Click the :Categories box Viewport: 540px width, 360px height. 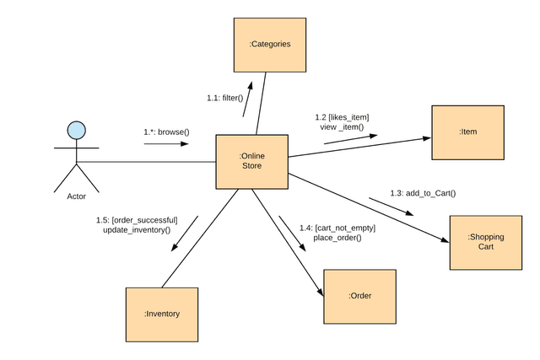(x=270, y=44)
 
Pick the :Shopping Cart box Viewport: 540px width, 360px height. (x=485, y=242)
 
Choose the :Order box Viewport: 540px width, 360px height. (x=359, y=296)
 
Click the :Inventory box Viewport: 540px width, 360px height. (x=161, y=314)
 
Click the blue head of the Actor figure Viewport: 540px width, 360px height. (x=76, y=130)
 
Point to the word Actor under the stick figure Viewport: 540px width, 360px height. (x=76, y=196)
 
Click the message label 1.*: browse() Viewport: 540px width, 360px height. (x=166, y=132)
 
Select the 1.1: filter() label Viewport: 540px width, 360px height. (x=224, y=98)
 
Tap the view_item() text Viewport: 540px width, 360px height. (x=342, y=127)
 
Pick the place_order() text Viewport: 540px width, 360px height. (x=337, y=238)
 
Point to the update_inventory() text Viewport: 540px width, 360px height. (x=137, y=230)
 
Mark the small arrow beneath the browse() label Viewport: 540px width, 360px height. (x=166, y=144)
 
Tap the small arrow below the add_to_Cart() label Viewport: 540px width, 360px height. (x=391, y=207)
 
